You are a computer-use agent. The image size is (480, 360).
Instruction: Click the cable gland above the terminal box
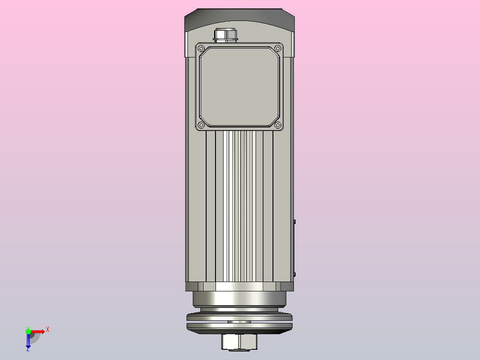tap(226, 35)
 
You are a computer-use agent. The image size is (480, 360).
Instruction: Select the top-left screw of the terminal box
tap(201, 49)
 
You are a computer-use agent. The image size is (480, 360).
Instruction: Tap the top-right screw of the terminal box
tap(277, 49)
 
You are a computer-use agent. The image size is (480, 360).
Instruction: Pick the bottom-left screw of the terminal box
tap(201, 125)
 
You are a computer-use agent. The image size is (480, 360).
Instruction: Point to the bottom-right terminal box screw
tap(277, 125)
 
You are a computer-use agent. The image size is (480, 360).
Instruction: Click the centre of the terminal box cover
tap(239, 86)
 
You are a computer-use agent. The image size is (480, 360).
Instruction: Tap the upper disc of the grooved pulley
tap(239, 317)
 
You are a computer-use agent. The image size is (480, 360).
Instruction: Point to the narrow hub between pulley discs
tap(239, 322)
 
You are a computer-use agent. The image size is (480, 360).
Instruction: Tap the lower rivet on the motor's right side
tap(295, 274)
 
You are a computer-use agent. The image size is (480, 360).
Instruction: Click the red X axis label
tap(48, 330)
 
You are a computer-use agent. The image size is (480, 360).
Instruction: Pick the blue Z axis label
tap(28, 349)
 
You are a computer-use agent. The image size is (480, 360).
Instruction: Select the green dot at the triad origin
tap(28, 331)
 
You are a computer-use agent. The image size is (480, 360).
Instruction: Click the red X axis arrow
tap(38, 331)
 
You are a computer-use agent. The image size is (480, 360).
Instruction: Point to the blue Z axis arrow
tap(28, 341)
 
